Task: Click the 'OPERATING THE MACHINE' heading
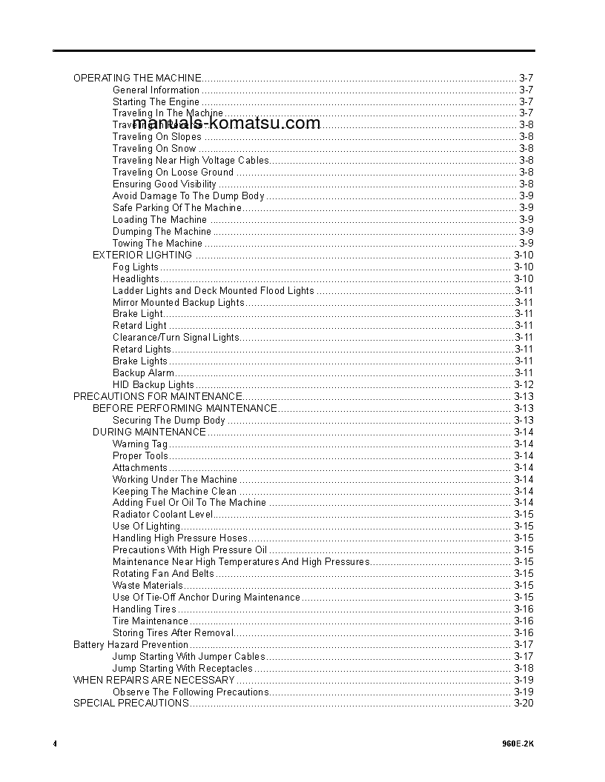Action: (x=137, y=78)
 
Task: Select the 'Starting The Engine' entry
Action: (x=156, y=101)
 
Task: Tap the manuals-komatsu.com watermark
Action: (x=217, y=124)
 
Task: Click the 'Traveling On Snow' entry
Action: (x=154, y=148)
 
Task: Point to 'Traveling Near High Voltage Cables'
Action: (x=191, y=160)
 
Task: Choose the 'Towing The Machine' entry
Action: (x=157, y=243)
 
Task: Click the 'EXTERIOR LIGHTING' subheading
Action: (x=142, y=255)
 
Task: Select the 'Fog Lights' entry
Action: (x=136, y=267)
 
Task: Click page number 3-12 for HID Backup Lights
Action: (x=523, y=384)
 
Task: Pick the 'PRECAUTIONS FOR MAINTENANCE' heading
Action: (x=158, y=396)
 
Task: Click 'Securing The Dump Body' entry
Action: (x=169, y=420)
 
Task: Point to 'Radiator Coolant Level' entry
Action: (x=163, y=514)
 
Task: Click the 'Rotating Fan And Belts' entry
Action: (x=163, y=573)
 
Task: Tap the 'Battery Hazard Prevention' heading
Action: (x=130, y=644)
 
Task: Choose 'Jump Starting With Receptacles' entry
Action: (x=182, y=668)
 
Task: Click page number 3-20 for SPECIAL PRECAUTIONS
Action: (x=523, y=703)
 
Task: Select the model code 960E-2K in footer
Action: (x=518, y=743)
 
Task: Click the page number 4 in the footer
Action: (x=55, y=743)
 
